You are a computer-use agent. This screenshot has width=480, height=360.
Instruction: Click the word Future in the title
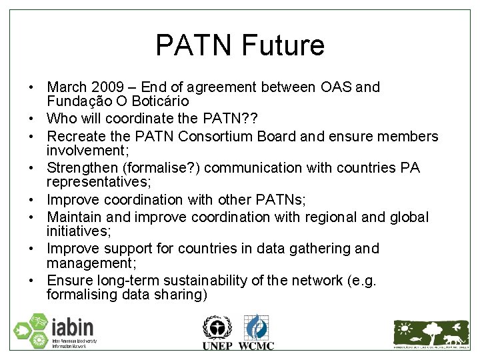pos(284,45)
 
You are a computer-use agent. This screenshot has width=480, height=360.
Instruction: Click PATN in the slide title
pos(194,45)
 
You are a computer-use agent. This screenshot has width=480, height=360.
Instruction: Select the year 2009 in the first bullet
pos(108,87)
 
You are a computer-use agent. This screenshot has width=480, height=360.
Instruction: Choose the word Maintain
pos(74,217)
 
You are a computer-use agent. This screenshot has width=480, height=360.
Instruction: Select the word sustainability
pos(213,281)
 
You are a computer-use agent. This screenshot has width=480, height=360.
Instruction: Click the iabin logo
pos(55,331)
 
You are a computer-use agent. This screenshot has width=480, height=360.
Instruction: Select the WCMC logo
pos(256,331)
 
